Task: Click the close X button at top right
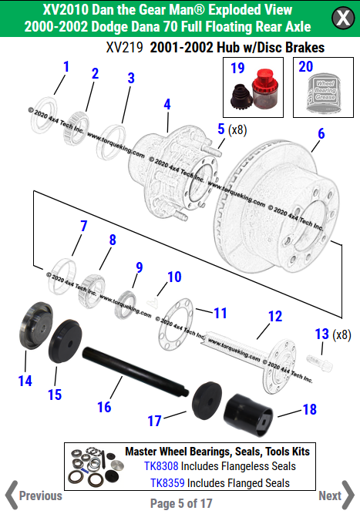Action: click(x=341, y=18)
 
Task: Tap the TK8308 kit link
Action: click(x=163, y=466)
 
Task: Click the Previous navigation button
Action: click(x=34, y=496)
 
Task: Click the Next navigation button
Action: click(x=335, y=496)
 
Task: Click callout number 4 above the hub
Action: click(x=167, y=104)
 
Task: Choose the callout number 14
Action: click(x=25, y=381)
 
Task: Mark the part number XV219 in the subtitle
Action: click(x=124, y=48)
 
